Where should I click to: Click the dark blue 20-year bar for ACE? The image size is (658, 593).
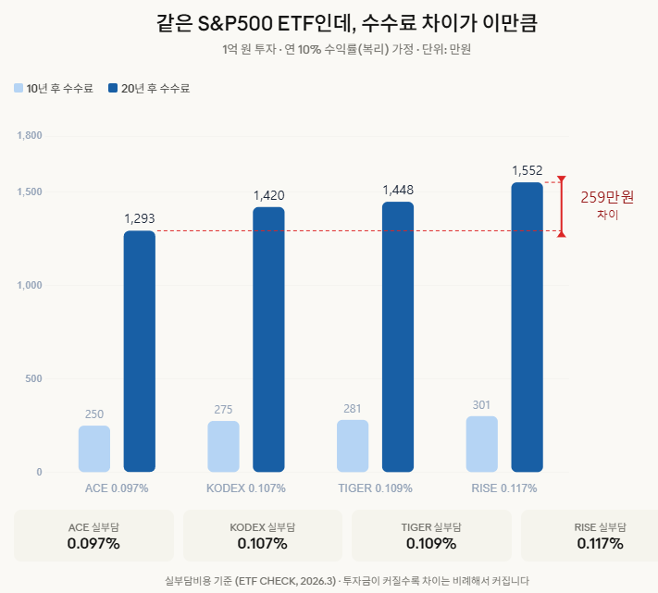[140, 352]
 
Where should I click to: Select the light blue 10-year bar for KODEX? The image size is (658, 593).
[223, 447]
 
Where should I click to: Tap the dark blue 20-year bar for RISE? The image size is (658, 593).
[527, 327]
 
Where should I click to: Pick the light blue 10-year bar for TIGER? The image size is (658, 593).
[353, 446]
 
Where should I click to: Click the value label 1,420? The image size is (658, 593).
[268, 195]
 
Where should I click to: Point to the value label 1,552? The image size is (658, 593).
[527, 170]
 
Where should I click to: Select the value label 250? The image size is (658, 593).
[94, 414]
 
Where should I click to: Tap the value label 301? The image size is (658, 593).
[481, 404]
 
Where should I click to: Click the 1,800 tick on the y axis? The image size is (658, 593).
[30, 136]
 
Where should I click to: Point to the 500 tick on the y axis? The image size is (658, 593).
[32, 378]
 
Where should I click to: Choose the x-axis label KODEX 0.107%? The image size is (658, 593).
[245, 488]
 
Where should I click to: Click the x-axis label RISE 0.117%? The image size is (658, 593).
[503, 488]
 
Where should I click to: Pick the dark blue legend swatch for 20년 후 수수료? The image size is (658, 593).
[113, 89]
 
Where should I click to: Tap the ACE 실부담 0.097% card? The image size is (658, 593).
[93, 536]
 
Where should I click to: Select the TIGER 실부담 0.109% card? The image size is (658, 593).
[430, 536]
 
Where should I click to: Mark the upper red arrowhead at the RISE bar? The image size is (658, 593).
[561, 179]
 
